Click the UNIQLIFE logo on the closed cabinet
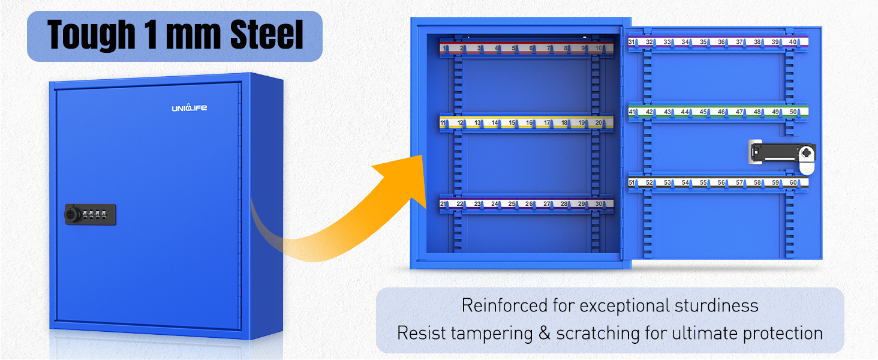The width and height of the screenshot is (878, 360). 189,108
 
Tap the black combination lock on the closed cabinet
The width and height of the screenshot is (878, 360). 91,214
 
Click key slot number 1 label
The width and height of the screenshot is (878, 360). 444,48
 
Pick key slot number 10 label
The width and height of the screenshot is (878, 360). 599,48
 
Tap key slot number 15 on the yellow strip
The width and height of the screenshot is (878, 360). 512,123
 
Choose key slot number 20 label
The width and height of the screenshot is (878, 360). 599,123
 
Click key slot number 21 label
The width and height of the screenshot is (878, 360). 444,204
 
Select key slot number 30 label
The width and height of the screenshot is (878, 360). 599,204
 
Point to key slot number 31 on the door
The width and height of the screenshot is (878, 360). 632,42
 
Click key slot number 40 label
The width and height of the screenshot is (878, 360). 793,42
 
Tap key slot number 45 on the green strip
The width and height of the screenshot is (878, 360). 703,112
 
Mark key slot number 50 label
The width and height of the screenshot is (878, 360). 793,112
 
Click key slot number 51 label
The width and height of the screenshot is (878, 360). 632,182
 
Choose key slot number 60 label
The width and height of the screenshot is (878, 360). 793,182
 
